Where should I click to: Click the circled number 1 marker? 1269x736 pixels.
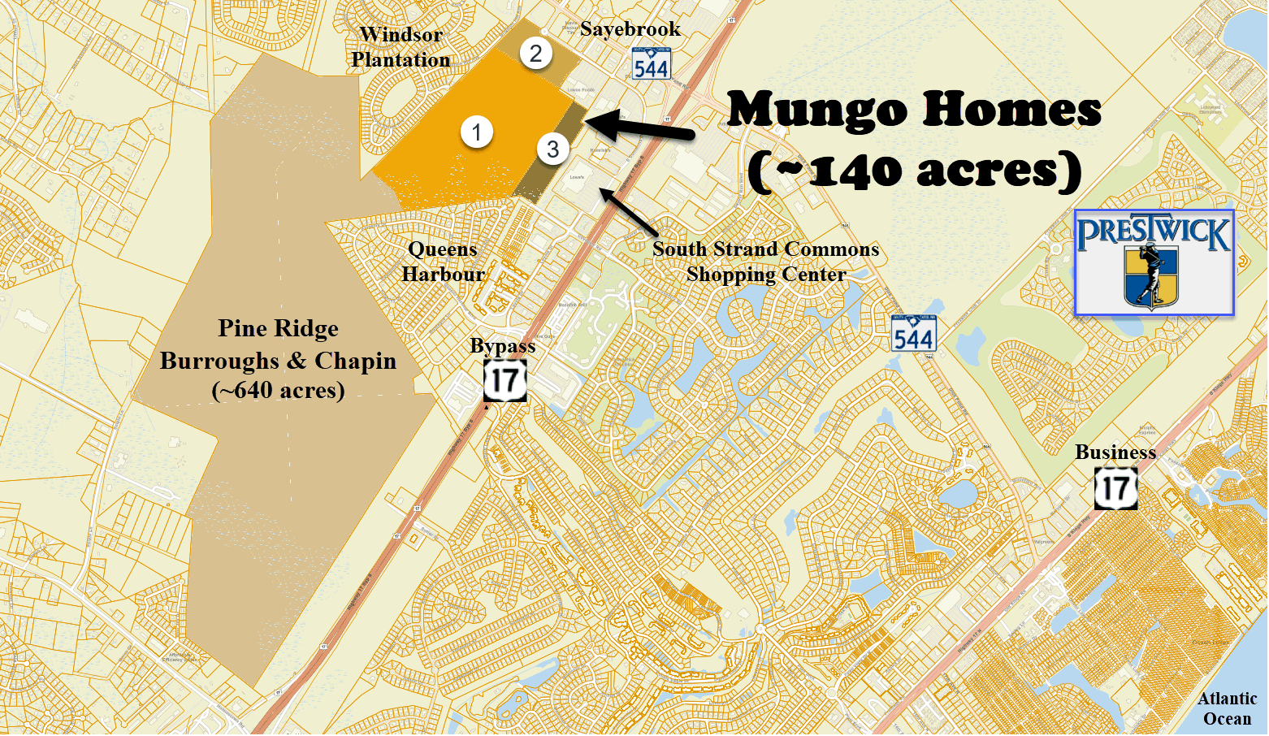pos(477,132)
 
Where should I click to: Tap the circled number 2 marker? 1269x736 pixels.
pos(535,54)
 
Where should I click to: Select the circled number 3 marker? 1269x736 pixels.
pos(552,149)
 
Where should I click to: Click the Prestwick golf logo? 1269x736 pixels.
pos(1154,262)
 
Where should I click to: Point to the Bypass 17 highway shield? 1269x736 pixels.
pos(505,381)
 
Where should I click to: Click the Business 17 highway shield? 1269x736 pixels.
pos(1115,488)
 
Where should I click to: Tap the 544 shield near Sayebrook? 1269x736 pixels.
pos(651,64)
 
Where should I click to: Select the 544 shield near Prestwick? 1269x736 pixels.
pos(913,334)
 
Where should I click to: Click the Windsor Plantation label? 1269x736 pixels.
pos(401,47)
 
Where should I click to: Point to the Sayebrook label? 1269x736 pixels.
pos(630,29)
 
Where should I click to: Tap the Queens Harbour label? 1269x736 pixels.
pos(443,262)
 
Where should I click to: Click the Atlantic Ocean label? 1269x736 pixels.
pos(1227,708)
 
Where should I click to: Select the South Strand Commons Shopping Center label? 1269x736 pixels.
pos(765,262)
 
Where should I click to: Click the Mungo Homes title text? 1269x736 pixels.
pos(913,109)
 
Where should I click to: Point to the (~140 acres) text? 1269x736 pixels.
pos(913,171)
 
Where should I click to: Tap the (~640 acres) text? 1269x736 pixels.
pos(278,391)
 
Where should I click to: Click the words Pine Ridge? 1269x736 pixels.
pos(278,328)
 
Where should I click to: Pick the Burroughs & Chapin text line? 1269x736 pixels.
pos(278,361)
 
